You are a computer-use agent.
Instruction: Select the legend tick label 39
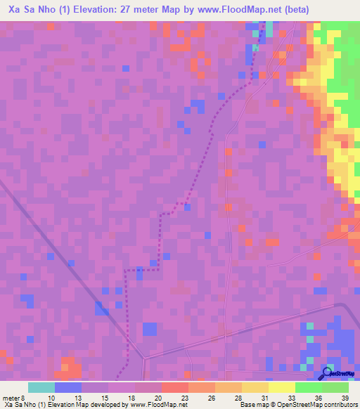point(344,397)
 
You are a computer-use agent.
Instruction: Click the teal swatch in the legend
point(41,387)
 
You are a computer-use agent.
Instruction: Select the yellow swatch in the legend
point(281,387)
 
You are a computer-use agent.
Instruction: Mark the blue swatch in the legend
point(68,387)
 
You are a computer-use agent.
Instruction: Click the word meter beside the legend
point(11,397)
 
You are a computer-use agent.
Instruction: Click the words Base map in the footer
point(252,405)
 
